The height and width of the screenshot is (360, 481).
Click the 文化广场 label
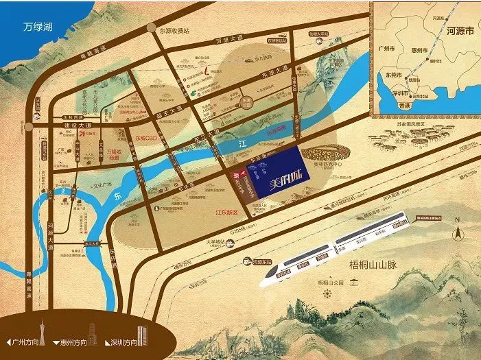coord(97,185)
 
